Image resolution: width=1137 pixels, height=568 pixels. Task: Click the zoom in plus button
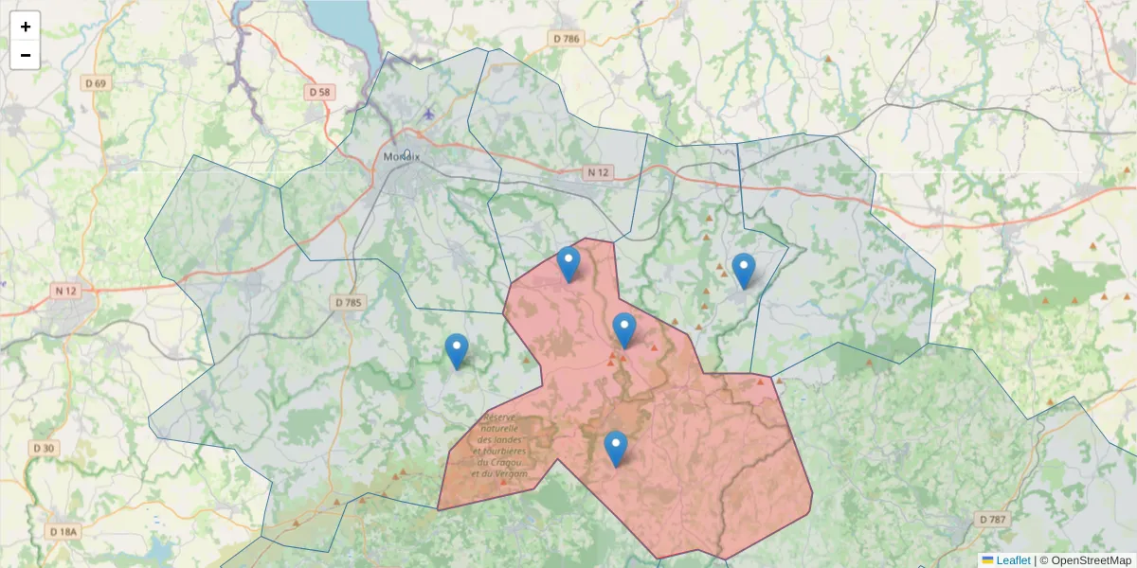[25, 27]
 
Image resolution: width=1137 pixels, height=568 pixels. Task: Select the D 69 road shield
[96, 83]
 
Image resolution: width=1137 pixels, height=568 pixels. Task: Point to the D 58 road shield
[320, 92]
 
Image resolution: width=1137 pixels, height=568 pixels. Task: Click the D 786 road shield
[566, 39]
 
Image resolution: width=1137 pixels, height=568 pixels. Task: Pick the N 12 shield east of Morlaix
[597, 172]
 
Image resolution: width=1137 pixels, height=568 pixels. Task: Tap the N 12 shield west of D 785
[65, 291]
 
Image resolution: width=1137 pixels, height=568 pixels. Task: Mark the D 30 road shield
[44, 448]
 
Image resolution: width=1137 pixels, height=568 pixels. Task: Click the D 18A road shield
[63, 532]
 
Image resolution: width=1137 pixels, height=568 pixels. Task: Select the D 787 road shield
[991, 520]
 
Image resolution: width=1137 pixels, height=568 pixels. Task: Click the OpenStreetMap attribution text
[1086, 560]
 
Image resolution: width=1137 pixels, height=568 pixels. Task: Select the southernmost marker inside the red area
[616, 448]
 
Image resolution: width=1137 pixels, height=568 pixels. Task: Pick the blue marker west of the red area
[457, 350]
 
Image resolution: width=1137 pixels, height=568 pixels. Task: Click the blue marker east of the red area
[744, 270]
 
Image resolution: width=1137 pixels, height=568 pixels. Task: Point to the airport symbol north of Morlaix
[428, 114]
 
